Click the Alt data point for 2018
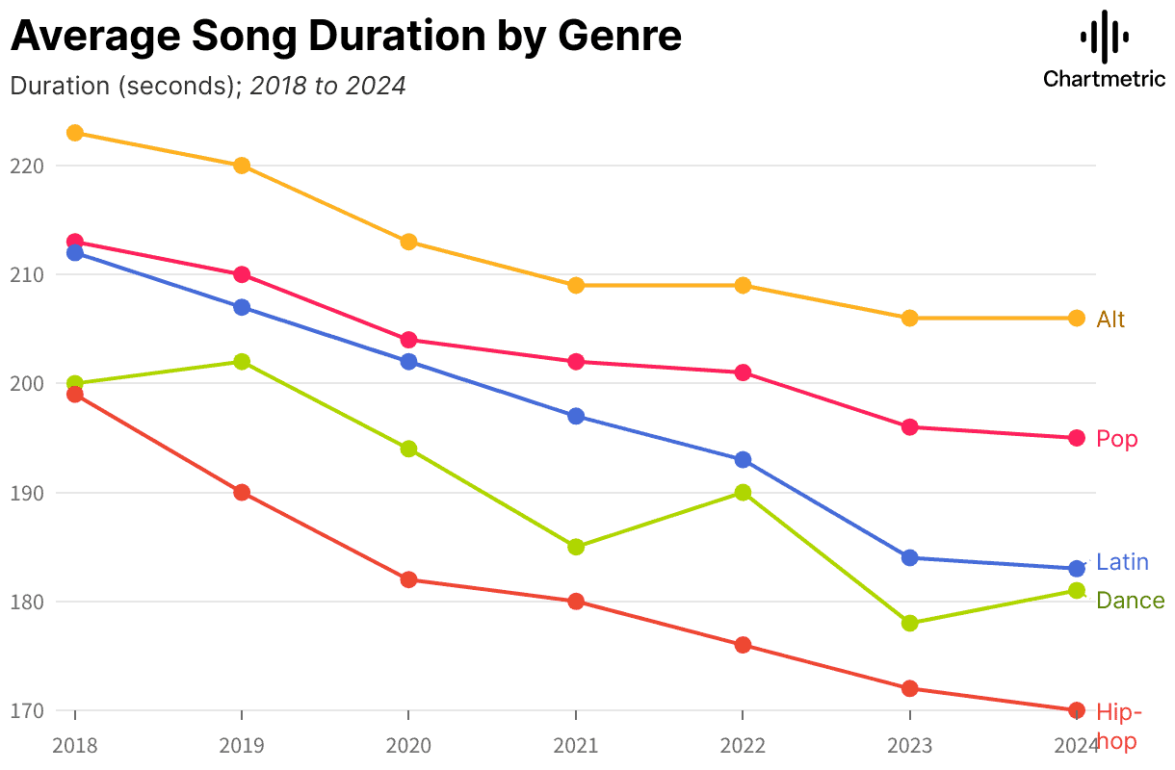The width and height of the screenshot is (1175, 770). pyautogui.click(x=75, y=133)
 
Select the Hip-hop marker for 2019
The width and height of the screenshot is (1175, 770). pyautogui.click(x=242, y=493)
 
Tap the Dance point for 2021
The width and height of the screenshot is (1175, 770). pyautogui.click(x=576, y=547)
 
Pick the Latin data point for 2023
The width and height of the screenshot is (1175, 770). pyautogui.click(x=909, y=558)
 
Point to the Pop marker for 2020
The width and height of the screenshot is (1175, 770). pyautogui.click(x=408, y=340)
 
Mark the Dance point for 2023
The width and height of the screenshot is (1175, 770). pyautogui.click(x=909, y=624)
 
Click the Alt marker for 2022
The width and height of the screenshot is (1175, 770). pyautogui.click(x=743, y=286)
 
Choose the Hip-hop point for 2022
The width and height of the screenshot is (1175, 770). pyautogui.click(x=743, y=645)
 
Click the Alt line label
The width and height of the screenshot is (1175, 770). pyautogui.click(x=1110, y=320)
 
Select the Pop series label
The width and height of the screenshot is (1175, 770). pyautogui.click(x=1117, y=440)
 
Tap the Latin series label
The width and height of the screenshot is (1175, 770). pyautogui.click(x=1122, y=562)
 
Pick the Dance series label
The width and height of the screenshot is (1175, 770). pyautogui.click(x=1130, y=602)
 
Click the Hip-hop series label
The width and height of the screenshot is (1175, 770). pyautogui.click(x=1118, y=727)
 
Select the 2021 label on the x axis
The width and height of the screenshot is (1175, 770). pyautogui.click(x=576, y=745)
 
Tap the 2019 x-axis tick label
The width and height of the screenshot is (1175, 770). pyautogui.click(x=242, y=745)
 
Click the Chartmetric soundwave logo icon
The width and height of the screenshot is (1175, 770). pyautogui.click(x=1104, y=37)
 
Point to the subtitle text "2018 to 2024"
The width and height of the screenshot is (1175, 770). pyautogui.click(x=327, y=86)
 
